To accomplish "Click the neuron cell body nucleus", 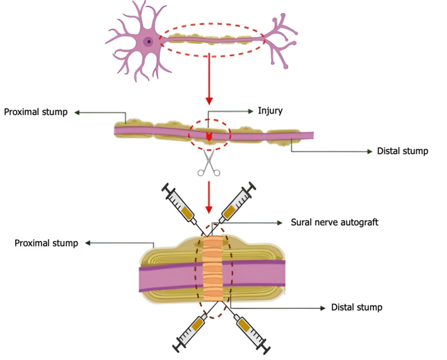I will pyautogui.click(x=148, y=42).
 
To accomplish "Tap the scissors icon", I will pyautogui.click(x=208, y=163).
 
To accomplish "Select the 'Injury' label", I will pyautogui.click(x=270, y=111).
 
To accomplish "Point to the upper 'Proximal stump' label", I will pyautogui.click(x=36, y=112).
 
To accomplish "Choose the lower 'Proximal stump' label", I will pyautogui.click(x=46, y=243).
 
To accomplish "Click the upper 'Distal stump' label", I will pyautogui.click(x=403, y=152).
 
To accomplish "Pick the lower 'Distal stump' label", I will pyautogui.click(x=357, y=307).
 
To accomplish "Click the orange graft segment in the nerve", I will pyautogui.click(x=212, y=269).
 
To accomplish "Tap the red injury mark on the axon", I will pyautogui.click(x=209, y=136).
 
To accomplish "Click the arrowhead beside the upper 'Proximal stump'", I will pyautogui.click(x=76, y=112).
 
